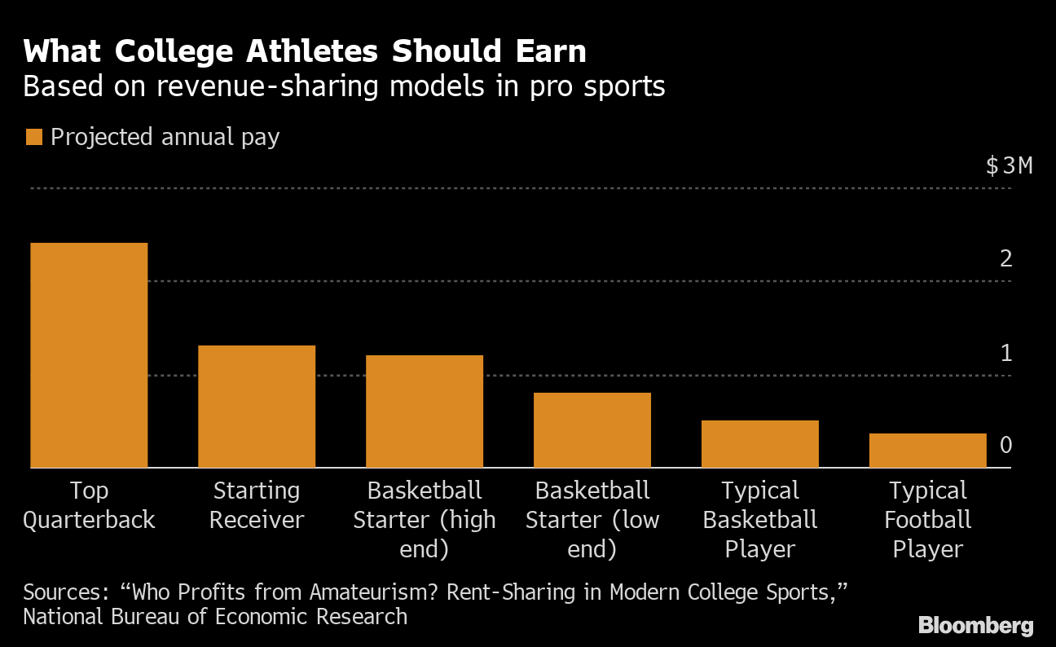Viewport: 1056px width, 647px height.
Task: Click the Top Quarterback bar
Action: click(x=89, y=355)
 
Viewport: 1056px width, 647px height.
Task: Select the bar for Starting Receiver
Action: click(x=257, y=407)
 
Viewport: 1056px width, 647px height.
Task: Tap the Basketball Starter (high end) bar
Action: click(x=425, y=412)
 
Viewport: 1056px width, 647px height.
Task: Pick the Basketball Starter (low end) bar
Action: click(x=592, y=430)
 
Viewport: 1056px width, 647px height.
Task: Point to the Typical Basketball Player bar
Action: click(x=760, y=444)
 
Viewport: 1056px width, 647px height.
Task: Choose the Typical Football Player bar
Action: click(x=928, y=451)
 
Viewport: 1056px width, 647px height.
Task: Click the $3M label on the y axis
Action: click(x=1009, y=166)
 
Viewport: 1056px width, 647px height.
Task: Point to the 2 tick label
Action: click(x=1006, y=259)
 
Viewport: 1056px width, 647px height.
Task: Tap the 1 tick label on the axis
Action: click(x=1006, y=353)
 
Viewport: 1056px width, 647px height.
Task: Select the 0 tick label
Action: click(x=1006, y=446)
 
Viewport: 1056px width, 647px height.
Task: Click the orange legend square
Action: click(x=33, y=137)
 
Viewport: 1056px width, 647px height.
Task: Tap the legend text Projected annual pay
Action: click(x=165, y=137)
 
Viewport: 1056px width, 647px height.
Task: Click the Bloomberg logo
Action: click(x=976, y=626)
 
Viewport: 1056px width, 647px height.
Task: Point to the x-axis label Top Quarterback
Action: click(x=89, y=505)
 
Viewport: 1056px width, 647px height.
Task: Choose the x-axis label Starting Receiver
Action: click(x=257, y=505)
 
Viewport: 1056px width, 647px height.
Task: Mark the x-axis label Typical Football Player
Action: click(x=928, y=520)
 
